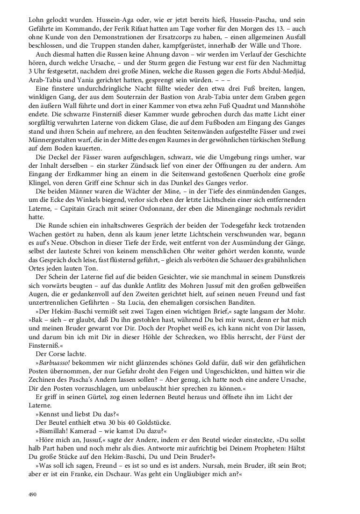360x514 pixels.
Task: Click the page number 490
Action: [32, 494]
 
